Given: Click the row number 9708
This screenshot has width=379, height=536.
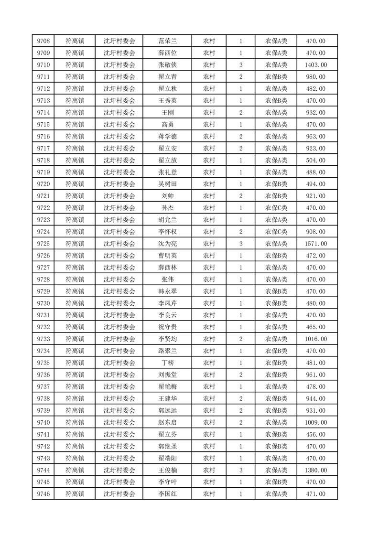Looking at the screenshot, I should point(43,41).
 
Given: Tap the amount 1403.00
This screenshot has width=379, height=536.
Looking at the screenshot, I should point(315,65).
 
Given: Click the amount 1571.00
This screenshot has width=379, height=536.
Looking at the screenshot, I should point(315,244).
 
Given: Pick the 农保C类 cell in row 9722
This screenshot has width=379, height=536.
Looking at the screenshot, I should point(276,208).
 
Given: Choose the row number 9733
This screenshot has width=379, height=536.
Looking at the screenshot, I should point(43,339).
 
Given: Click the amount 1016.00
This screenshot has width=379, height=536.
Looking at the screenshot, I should point(315,339).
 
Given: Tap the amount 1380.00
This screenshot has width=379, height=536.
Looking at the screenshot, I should point(315,470).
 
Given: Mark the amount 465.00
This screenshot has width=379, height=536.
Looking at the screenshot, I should point(315,327).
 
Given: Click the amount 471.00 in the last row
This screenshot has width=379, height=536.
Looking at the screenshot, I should point(315,494).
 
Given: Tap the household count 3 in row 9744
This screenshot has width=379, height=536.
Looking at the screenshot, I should point(240,470).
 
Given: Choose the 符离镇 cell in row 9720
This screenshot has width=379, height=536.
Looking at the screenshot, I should point(75,184).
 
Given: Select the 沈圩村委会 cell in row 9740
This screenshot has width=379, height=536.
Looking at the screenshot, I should point(119,422).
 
